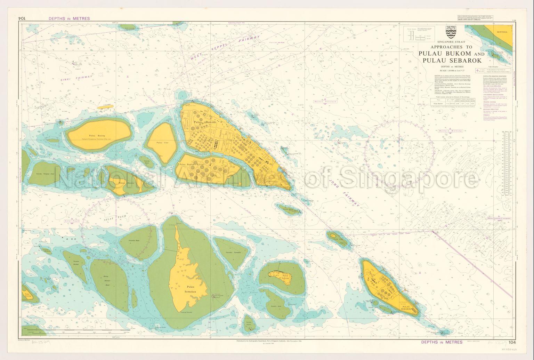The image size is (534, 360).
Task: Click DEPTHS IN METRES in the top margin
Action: pos(69,18)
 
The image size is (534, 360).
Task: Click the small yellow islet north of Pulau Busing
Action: pos(105,107)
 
